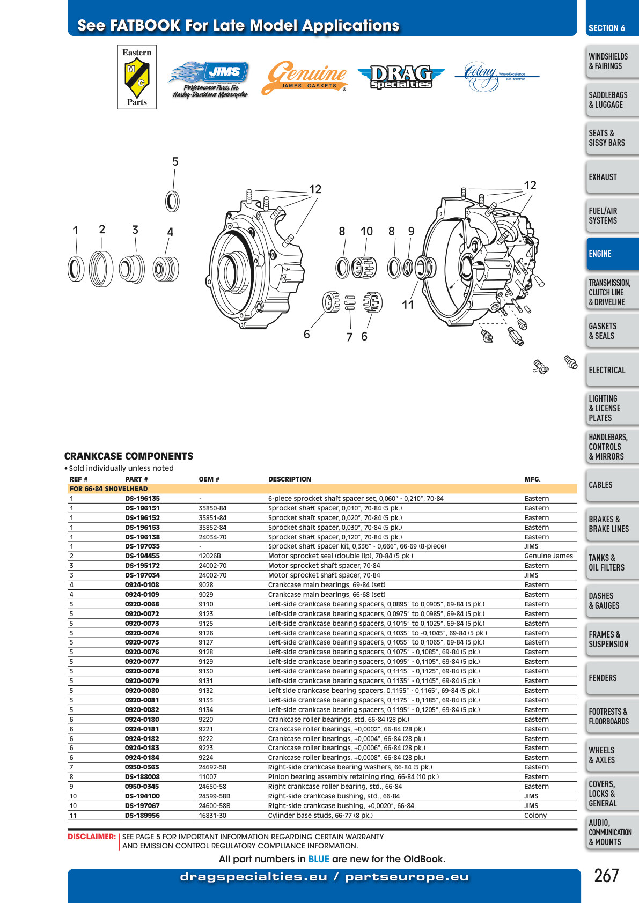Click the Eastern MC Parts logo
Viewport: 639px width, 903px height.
click(137, 77)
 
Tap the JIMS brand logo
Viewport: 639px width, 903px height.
click(209, 79)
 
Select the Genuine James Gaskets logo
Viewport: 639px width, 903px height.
click(304, 77)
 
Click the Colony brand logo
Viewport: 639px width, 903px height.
click(497, 76)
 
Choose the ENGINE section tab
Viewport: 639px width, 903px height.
click(612, 254)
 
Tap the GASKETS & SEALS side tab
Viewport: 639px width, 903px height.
click(612, 331)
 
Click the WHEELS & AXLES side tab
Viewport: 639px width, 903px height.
click(612, 755)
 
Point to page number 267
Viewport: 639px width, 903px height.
click(606, 876)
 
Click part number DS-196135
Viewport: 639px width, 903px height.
click(142, 499)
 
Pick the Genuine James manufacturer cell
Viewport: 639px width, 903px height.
click(549, 556)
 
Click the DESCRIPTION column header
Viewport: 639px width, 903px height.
click(290, 479)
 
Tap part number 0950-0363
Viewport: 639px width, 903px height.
click(142, 767)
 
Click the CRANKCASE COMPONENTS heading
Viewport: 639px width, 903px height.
click(129, 456)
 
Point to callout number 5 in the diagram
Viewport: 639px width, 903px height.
click(175, 161)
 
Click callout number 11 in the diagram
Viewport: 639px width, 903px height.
click(408, 305)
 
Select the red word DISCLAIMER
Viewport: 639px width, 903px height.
click(92, 837)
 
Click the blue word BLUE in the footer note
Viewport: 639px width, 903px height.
click(319, 859)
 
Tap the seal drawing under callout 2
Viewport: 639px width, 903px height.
click(101, 269)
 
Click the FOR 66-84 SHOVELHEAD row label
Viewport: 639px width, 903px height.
click(109, 489)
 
